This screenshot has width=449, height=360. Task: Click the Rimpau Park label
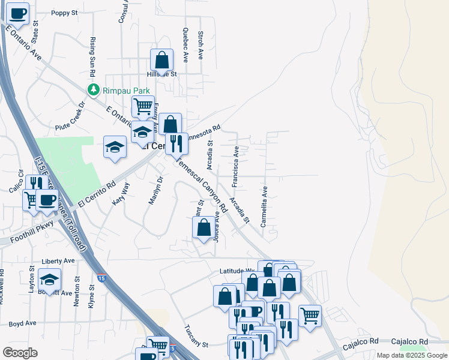click(x=125, y=90)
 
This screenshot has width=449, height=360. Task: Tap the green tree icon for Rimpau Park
click(x=93, y=90)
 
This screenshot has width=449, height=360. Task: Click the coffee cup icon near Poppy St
click(x=18, y=13)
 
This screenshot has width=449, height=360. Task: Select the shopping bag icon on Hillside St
click(x=161, y=59)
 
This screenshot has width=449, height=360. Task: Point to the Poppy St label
click(x=65, y=13)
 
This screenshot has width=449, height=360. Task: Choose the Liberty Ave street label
click(x=58, y=261)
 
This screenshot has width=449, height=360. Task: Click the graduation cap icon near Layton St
click(x=49, y=279)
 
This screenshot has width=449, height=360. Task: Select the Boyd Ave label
click(x=23, y=323)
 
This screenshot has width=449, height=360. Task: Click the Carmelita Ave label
click(x=264, y=206)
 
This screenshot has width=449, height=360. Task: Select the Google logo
click(x=20, y=352)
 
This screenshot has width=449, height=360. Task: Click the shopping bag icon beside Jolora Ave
click(x=203, y=227)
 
